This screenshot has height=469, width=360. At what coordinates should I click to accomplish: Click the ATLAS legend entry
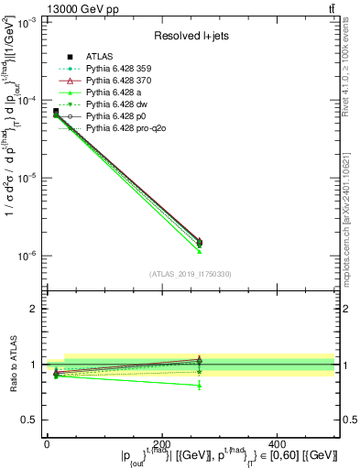100,57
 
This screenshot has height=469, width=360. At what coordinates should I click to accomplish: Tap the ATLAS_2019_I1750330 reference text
190,274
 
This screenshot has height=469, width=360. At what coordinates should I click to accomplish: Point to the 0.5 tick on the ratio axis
33,420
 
